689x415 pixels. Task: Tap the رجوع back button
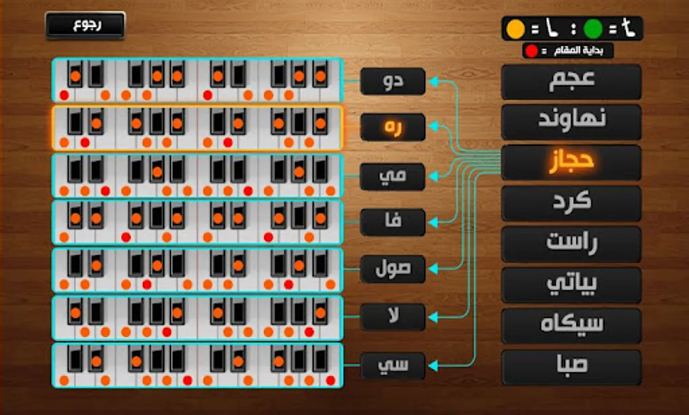[85, 25]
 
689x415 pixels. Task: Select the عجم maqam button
[571, 82]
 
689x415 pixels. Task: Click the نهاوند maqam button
[571, 122]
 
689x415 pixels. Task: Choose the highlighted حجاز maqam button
[571, 163]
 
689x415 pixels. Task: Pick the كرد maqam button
[571, 203]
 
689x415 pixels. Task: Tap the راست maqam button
[571, 244]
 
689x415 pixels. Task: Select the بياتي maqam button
[571, 285]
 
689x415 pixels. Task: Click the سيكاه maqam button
[571, 326]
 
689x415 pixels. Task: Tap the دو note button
[393, 81]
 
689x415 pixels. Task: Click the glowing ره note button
[393, 127]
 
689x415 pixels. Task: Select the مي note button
[393, 177]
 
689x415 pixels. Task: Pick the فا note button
[393, 222]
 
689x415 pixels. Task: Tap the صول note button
[393, 269]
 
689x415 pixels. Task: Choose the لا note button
[393, 317]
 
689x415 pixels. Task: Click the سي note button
[393, 366]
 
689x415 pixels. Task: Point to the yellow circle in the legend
[515, 29]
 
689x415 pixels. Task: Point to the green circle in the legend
[593, 29]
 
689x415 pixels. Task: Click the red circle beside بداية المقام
[531, 51]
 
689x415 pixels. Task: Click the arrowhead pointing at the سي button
[433, 366]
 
